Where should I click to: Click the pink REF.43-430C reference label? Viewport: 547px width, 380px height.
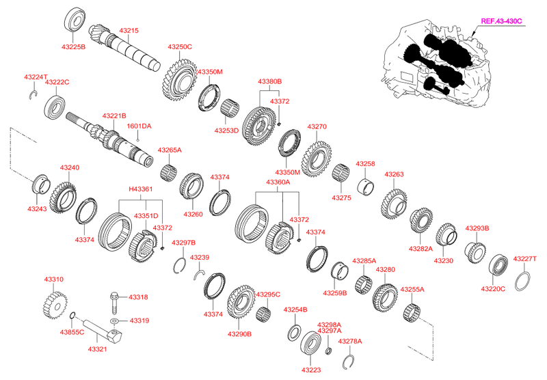[x=501, y=21]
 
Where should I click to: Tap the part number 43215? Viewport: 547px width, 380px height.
[x=129, y=30]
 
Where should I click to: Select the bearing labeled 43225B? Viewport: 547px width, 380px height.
[x=75, y=19]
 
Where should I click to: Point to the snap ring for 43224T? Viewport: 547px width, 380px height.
[x=34, y=94]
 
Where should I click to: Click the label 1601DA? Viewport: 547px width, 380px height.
[x=139, y=126]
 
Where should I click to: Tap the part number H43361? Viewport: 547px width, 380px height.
[x=141, y=189]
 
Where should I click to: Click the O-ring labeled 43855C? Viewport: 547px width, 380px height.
[x=73, y=316]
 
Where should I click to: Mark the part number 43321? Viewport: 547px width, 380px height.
[x=97, y=349]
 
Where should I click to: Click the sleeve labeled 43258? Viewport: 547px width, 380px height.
[x=366, y=187]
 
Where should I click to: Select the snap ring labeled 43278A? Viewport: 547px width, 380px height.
[x=348, y=362]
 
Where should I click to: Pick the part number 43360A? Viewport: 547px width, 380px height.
[x=278, y=182]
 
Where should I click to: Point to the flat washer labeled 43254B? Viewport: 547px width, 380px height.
[x=295, y=333]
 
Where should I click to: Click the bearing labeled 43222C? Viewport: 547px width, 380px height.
[x=55, y=107]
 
